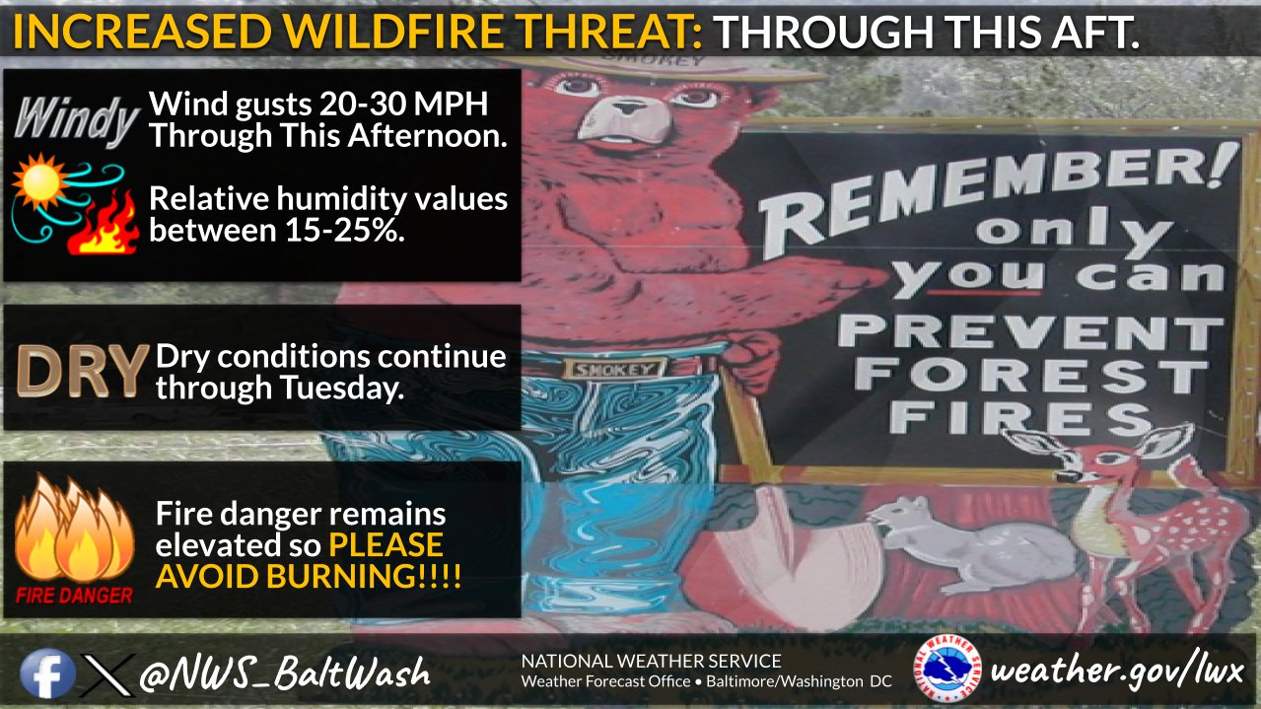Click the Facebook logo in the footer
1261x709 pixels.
pos(47,674)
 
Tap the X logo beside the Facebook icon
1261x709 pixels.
pos(107,674)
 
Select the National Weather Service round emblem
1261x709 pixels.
pos(948,668)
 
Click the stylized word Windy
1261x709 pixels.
pos(77,120)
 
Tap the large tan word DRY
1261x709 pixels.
pos(83,371)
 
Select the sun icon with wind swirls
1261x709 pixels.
pos(68,197)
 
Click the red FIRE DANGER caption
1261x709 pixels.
pos(74,596)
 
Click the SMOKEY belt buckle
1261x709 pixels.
pos(615,370)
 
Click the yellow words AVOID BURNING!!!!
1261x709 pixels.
pos(309,576)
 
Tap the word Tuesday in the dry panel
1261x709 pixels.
pos(342,389)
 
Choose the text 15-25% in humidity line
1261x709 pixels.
pos(340,230)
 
